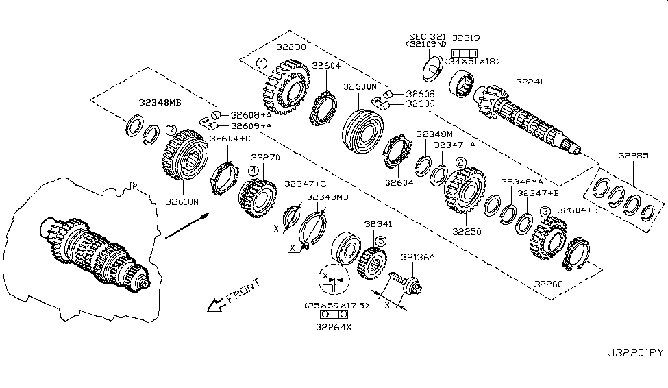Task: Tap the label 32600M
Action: point(360,88)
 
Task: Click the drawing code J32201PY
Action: point(636,354)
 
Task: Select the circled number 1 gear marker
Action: point(262,64)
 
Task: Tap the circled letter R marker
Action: point(171,129)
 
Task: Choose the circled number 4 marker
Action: point(253,170)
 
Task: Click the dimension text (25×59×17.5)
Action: point(336,305)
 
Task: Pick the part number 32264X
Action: point(335,328)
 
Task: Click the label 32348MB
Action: point(159,104)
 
